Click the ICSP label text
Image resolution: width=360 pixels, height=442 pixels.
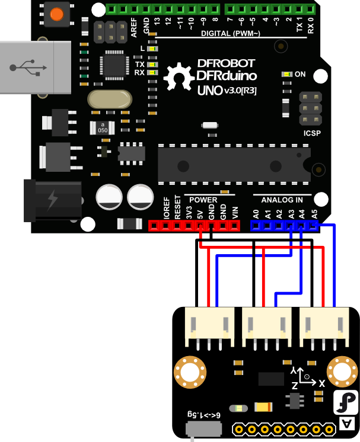pyautogui.click(x=311, y=133)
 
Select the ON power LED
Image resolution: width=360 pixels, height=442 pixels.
pyautogui.click(x=288, y=75)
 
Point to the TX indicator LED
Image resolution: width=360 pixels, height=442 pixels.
pyautogui.click(x=152, y=64)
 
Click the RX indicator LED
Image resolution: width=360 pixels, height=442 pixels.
pyautogui.click(x=152, y=72)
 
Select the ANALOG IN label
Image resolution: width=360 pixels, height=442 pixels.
pyautogui.click(x=286, y=200)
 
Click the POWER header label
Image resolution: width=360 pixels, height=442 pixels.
pyautogui.click(x=203, y=200)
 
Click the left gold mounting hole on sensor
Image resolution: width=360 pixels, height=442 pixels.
pyautogui.click(x=189, y=371)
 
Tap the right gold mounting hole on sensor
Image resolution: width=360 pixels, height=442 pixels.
pyautogui.click(x=343, y=371)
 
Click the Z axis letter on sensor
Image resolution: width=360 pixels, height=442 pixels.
pyautogui.click(x=295, y=385)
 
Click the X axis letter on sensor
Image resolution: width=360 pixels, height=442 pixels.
pyautogui.click(x=322, y=383)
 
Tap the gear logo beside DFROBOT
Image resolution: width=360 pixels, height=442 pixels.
pyautogui.click(x=177, y=77)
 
